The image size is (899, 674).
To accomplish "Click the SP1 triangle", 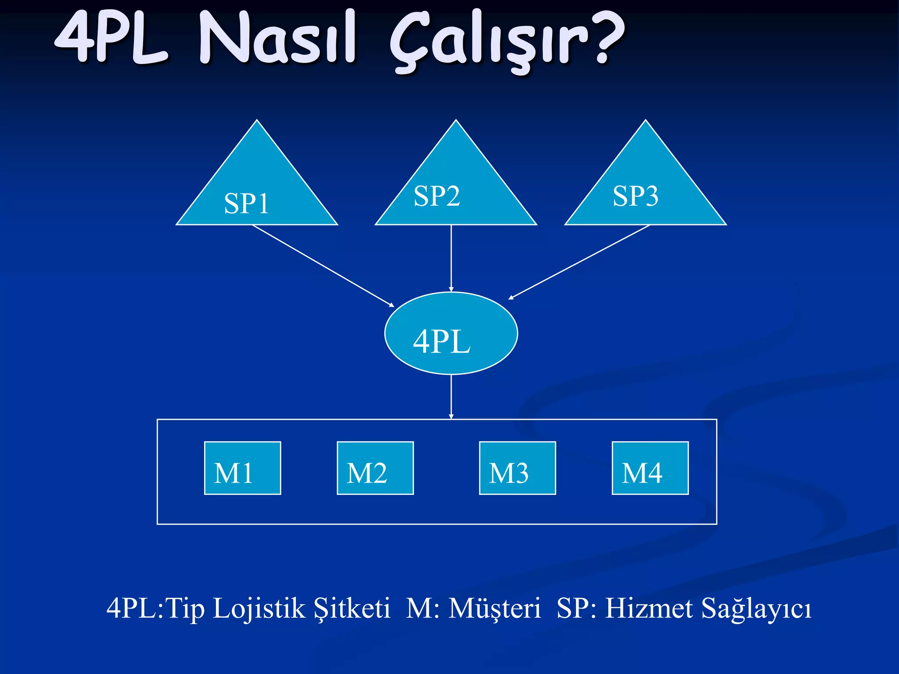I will point(257,189).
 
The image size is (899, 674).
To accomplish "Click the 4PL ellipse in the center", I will point(451,333).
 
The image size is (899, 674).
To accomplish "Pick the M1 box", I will point(242,468).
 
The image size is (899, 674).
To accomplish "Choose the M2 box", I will point(375,468).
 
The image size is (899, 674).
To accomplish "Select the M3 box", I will point(517,468).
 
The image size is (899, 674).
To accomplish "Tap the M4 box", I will point(650,468).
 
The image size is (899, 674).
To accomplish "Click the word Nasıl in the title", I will point(277,39).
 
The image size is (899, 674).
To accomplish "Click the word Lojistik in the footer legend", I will point(259,609).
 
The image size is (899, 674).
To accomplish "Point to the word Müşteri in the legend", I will point(495,609).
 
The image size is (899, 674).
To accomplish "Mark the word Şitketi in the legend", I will point(351,609).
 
